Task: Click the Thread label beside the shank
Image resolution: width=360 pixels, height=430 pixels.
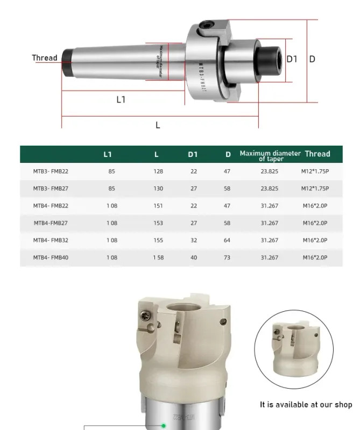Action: coord(44,58)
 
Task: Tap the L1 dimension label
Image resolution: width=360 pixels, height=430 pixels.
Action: coord(121,99)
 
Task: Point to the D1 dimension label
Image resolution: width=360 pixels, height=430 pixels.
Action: coord(292,59)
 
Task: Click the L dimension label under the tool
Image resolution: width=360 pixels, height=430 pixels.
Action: coord(158,125)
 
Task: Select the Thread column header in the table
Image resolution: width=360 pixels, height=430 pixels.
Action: coord(317,154)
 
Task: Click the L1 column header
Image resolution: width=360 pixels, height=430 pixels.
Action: coord(108,154)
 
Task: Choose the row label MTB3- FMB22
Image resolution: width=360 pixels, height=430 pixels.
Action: coord(51,171)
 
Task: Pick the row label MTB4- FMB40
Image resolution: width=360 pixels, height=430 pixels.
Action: coord(51,257)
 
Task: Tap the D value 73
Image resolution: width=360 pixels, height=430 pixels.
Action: coord(227,257)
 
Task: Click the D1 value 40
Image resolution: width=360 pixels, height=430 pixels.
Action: coord(193,257)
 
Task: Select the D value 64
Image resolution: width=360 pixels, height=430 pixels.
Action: coord(227,240)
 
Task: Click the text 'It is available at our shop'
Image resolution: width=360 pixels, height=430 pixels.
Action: coord(306,405)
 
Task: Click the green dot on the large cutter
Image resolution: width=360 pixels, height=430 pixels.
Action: coord(164,426)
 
